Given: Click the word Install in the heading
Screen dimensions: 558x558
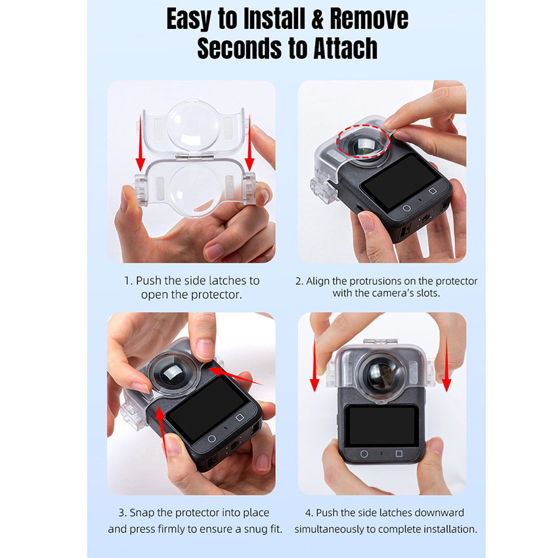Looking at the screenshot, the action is [x=274, y=18].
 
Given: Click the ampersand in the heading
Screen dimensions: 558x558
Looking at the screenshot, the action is [x=318, y=19].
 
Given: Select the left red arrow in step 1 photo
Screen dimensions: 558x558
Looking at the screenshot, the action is [x=140, y=142].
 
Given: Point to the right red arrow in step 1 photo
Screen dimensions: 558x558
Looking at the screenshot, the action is [x=249, y=142].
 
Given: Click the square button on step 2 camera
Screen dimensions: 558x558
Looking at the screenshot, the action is [x=433, y=191].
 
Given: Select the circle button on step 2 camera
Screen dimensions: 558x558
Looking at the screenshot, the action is [x=406, y=208].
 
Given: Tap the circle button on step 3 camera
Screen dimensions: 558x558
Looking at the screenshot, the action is [x=211, y=439].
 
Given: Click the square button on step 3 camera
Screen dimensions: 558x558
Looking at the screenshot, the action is [x=240, y=418].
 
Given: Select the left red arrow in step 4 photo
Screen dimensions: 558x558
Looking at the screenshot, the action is [x=314, y=363].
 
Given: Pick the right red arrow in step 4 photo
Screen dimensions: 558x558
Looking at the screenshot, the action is [x=446, y=363].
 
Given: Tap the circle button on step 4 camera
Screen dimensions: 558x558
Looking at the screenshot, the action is [x=364, y=454].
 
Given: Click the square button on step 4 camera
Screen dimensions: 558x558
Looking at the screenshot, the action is [x=399, y=454].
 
